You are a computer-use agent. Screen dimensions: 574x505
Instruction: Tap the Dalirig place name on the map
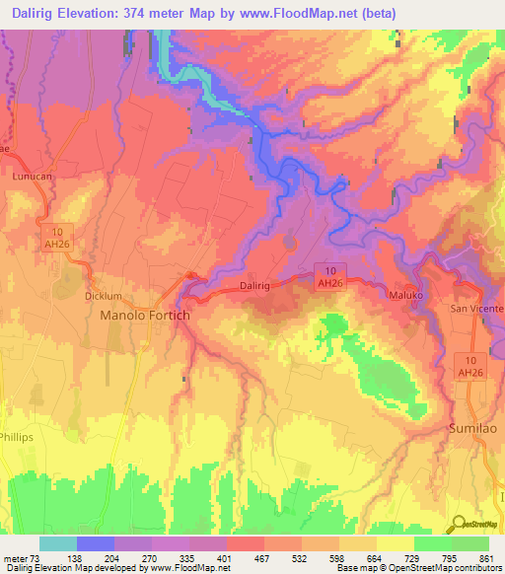pyautogui.click(x=255, y=286)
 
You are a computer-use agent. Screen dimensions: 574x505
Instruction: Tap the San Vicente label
pyautogui.click(x=476, y=308)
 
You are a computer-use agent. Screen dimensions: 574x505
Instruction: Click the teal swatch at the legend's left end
pyautogui.click(x=57, y=543)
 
